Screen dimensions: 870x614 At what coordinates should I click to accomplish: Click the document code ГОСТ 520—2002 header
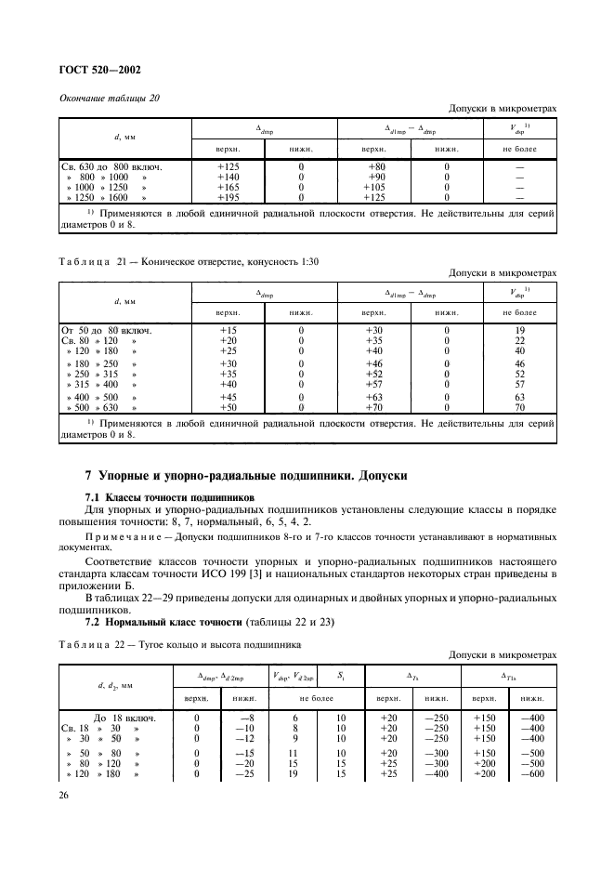(101, 70)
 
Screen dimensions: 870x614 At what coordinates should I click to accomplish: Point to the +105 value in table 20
(374, 187)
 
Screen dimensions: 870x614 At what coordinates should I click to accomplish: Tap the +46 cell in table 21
(374, 364)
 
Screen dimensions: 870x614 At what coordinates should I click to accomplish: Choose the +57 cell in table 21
(374, 385)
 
